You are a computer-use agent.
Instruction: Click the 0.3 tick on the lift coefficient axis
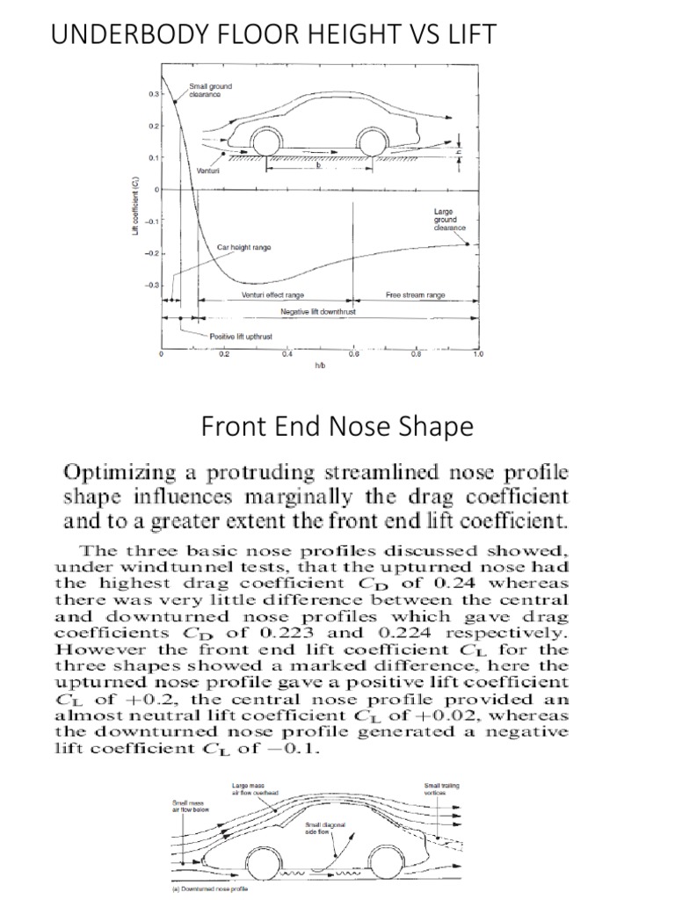pyautogui.click(x=152, y=92)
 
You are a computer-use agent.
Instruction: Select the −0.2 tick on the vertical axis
pyautogui.click(x=150, y=253)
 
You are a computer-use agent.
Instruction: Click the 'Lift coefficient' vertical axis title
pyautogui.click(x=133, y=205)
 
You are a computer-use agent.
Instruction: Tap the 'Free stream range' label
pyautogui.click(x=416, y=295)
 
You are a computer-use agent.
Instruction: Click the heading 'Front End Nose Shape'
pyautogui.click(x=337, y=427)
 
